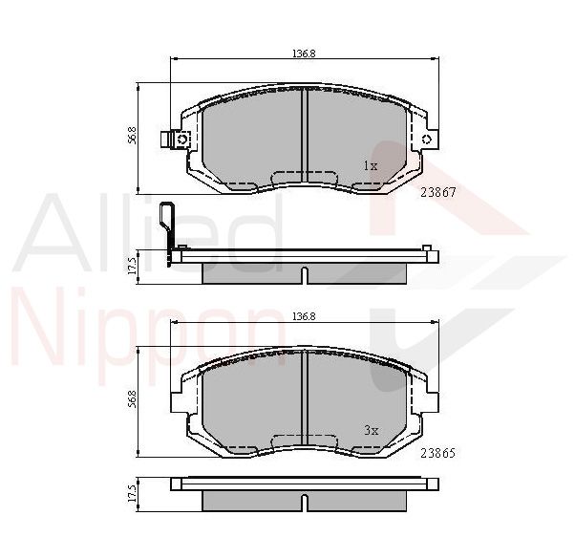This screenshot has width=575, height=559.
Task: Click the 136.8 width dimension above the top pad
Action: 304,54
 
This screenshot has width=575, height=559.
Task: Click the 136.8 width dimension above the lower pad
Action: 304,316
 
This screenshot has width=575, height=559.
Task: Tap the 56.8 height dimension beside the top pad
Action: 133,135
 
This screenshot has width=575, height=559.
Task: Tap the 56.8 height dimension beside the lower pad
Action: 133,398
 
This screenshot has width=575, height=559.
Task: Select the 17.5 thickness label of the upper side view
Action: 133,266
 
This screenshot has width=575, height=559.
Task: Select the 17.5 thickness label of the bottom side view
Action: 133,493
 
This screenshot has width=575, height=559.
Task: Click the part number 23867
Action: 437,193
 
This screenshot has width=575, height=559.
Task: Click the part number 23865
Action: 437,453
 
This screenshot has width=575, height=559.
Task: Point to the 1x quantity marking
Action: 371,166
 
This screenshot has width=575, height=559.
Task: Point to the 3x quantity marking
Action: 372,430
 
